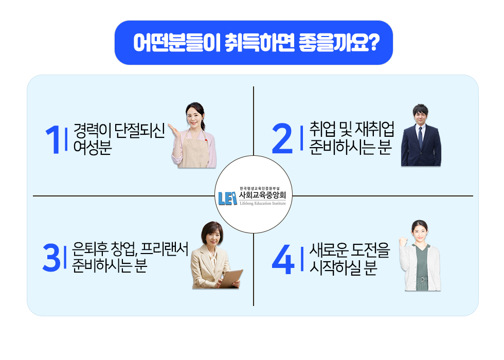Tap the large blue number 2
point(282,138)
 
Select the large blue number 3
point(51,258)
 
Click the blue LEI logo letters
point(227,199)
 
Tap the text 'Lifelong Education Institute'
point(263,204)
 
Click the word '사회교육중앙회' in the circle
point(262,195)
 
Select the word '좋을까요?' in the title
point(339,43)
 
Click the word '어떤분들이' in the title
point(176,43)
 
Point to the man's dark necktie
point(420,137)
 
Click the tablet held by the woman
point(232,279)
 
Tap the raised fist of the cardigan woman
point(403,241)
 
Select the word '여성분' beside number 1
point(93,148)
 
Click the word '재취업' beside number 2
point(375,129)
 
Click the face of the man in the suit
point(420,116)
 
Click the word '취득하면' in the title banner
point(259,43)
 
